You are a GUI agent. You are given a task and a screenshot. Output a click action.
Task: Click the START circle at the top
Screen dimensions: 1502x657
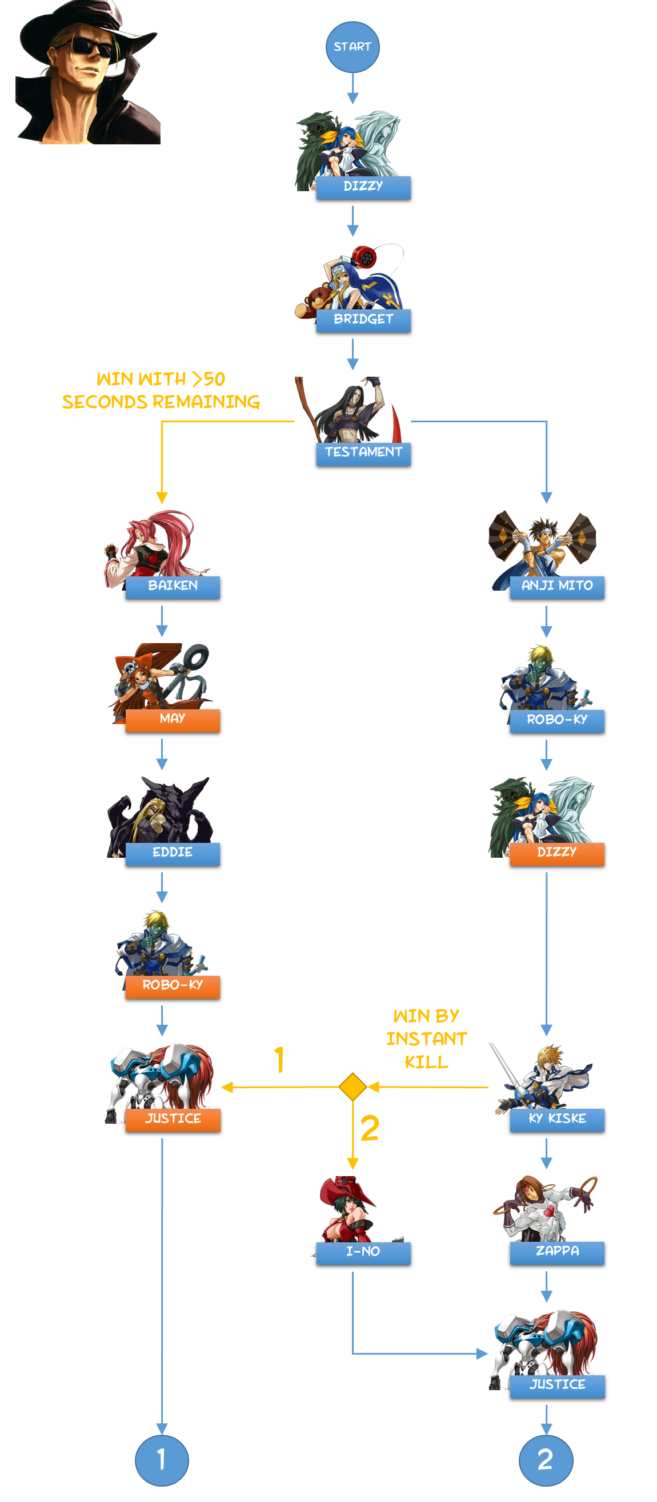352,47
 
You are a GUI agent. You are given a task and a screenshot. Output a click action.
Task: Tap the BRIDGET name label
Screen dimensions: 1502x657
363,320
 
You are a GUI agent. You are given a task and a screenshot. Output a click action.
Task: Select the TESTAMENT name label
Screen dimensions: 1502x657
363,453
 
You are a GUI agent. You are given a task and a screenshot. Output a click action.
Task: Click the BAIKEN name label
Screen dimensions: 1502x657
173,586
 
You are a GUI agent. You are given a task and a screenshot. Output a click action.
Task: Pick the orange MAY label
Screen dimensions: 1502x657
173,719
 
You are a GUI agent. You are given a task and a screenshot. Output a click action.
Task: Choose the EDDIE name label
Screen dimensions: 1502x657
173,853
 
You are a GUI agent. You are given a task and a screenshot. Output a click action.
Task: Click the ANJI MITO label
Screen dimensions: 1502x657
556,586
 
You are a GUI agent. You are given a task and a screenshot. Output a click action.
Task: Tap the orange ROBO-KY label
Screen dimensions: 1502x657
173,986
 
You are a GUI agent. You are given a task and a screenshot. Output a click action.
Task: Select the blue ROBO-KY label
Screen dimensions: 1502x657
556,720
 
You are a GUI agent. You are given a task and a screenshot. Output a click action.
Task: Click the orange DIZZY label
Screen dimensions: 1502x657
556,853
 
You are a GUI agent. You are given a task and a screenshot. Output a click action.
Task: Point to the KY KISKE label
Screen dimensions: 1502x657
556,1119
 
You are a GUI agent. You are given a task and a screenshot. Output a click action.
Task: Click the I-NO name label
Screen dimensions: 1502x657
363,1252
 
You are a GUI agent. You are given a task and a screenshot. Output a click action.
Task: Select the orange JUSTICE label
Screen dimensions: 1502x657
173,1119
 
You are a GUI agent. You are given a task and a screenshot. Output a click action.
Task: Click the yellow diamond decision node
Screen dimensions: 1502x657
352,1087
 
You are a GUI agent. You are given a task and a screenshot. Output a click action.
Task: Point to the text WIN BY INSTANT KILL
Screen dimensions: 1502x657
427,1039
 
